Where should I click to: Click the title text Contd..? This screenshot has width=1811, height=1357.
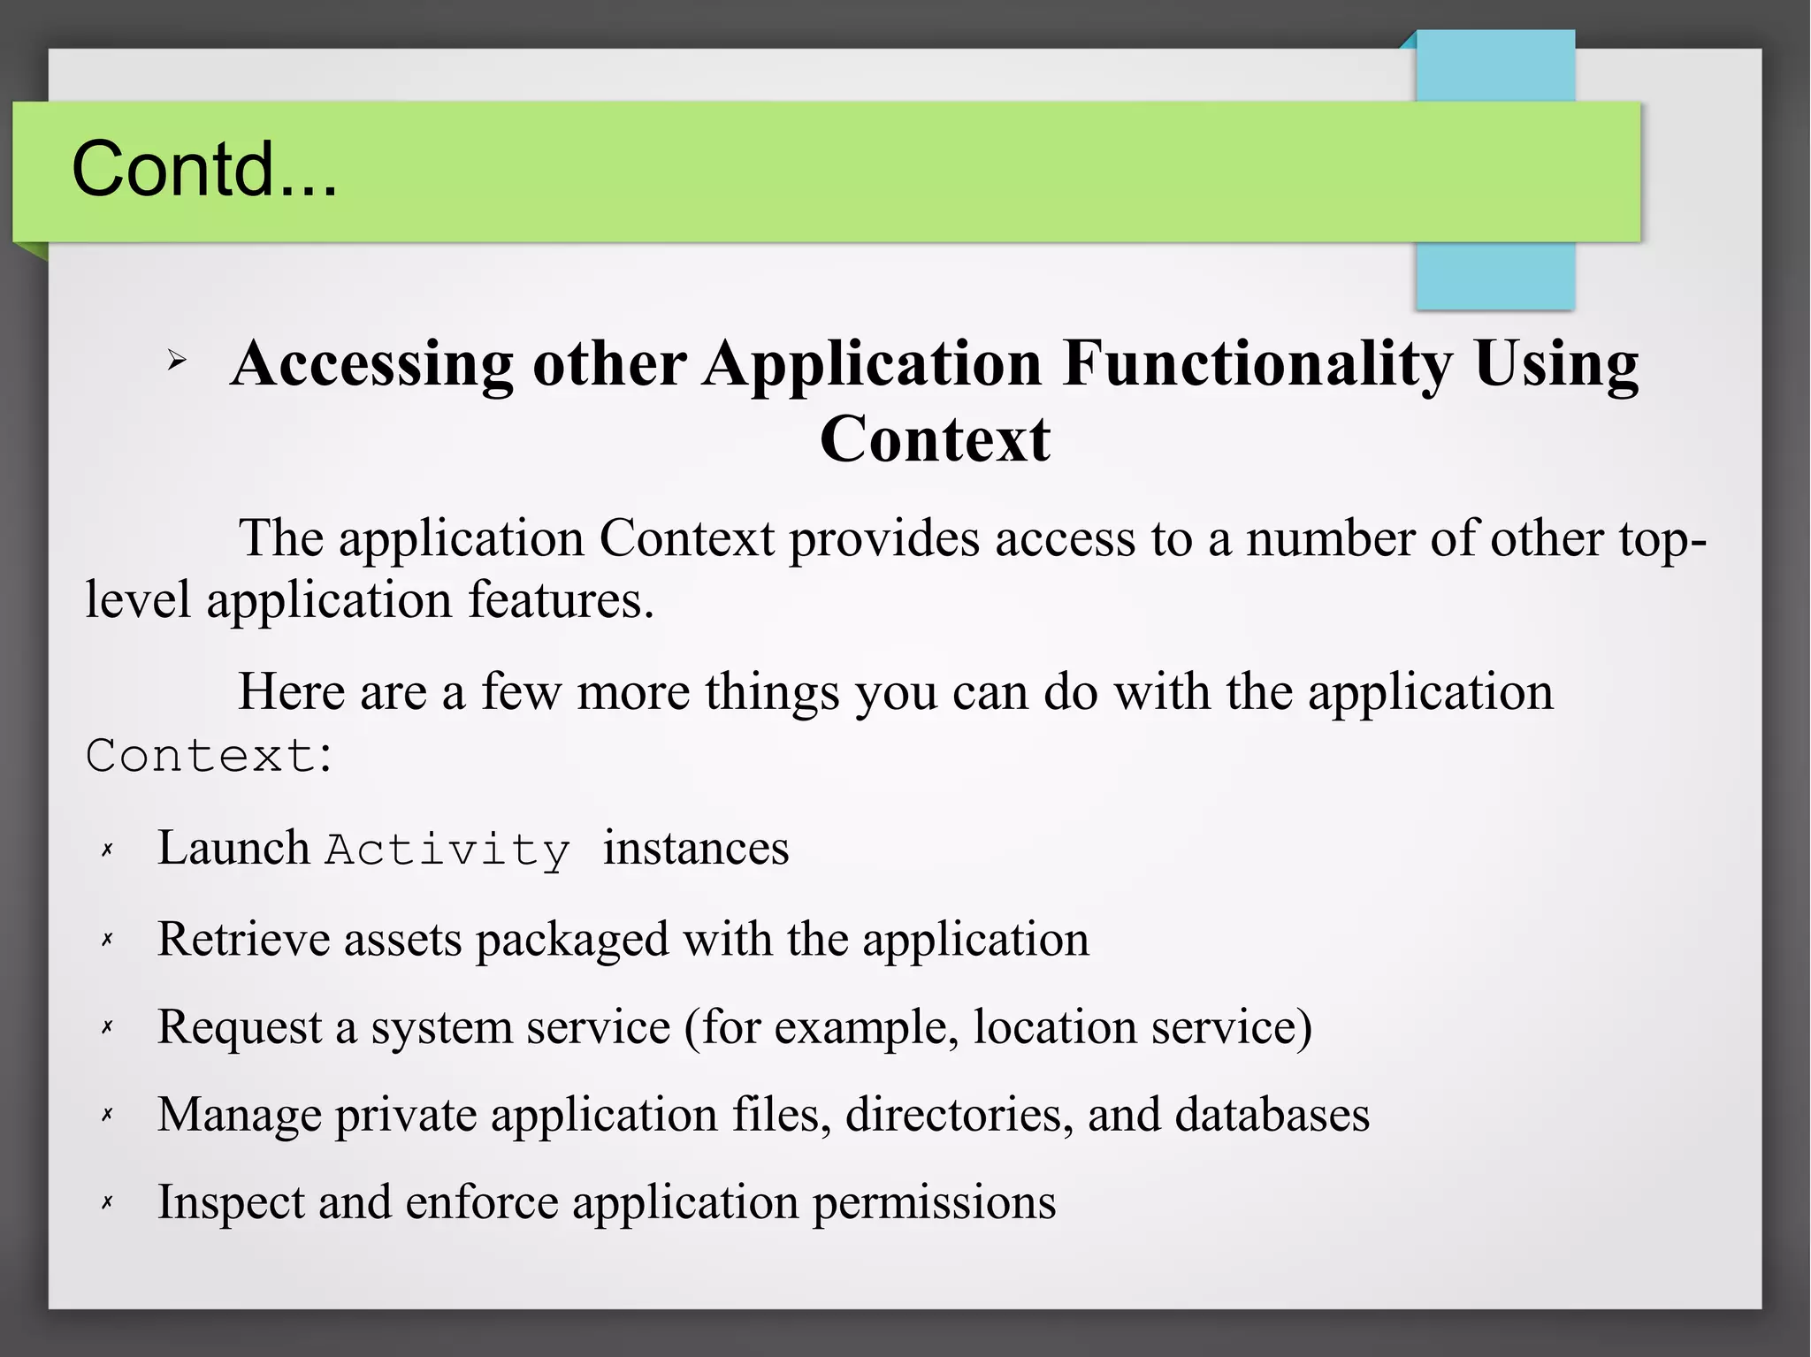click(203, 169)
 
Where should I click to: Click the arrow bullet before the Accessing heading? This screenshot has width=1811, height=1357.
click(177, 361)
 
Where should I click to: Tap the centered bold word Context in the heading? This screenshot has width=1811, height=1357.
click(935, 439)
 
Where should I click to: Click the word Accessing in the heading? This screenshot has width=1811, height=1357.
click(371, 364)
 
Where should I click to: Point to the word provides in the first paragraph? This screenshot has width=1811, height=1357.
click(884, 539)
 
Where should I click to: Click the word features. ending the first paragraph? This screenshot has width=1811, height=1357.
click(561, 600)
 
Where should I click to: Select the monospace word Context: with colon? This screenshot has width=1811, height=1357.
click(210, 757)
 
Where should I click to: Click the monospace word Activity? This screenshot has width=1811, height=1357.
click(447, 850)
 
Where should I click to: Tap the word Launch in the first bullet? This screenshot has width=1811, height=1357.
click(233, 849)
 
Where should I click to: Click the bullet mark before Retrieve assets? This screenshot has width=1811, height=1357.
click(107, 940)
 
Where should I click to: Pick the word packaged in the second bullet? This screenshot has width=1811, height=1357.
click(572, 940)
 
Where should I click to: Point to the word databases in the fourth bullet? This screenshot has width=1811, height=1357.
click(1272, 1115)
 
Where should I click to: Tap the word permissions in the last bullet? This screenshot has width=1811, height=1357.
click(934, 1203)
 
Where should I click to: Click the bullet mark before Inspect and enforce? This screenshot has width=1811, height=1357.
click(107, 1202)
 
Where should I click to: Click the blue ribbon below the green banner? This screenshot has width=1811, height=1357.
click(1494, 275)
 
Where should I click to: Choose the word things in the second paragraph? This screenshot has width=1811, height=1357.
click(771, 692)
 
